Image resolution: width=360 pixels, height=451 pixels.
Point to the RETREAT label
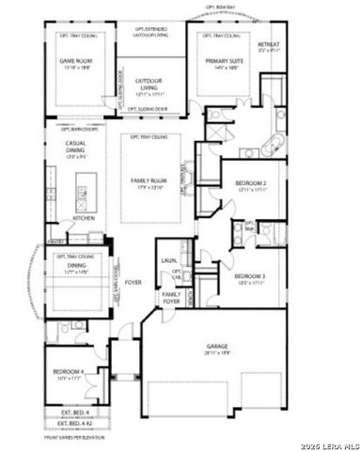pyautogui.click(x=269, y=43)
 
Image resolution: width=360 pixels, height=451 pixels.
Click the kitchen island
pyautogui.click(x=83, y=194)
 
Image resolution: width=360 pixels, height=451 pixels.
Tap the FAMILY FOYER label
pyautogui.click(x=170, y=298)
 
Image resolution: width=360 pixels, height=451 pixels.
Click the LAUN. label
pyautogui.click(x=170, y=260)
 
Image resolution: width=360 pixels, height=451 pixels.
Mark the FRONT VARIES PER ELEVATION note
pyautogui.click(x=74, y=437)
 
